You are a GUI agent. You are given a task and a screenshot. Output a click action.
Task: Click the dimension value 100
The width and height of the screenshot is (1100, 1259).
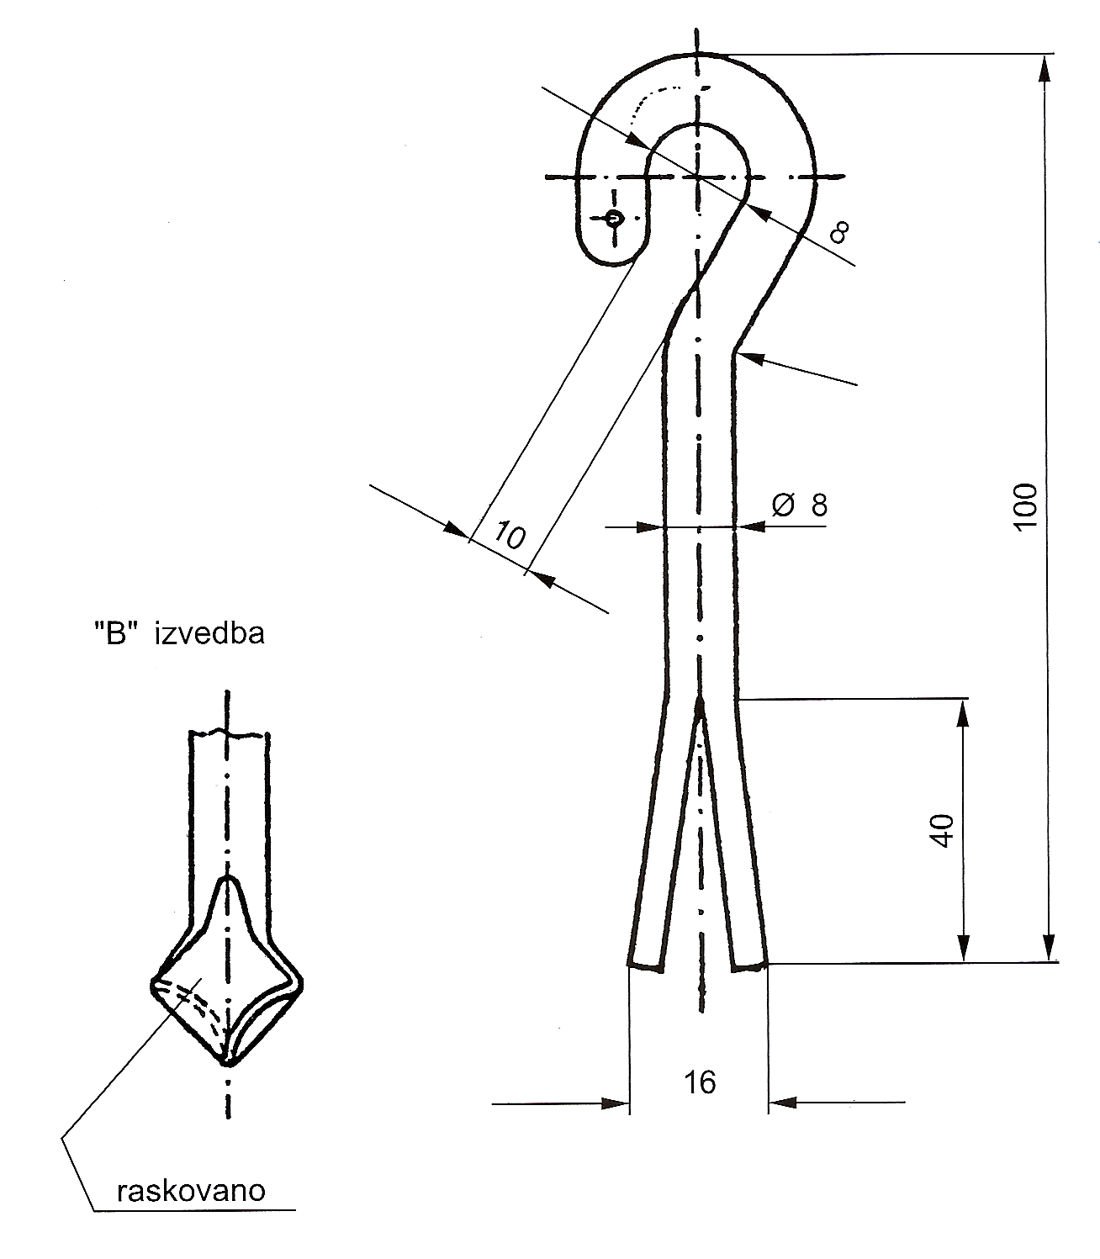tap(1026, 505)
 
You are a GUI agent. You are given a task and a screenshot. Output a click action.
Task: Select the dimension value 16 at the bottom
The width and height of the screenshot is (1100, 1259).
tap(699, 1082)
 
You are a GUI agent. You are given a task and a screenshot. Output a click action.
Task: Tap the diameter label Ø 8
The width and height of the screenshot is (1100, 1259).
tap(800, 505)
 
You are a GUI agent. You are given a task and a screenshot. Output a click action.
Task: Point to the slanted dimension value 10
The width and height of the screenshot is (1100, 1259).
tap(510, 534)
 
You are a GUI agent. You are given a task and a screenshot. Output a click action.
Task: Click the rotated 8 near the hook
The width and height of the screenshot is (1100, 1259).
tap(838, 231)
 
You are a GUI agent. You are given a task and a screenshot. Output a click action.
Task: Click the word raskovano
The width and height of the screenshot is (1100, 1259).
tap(192, 1191)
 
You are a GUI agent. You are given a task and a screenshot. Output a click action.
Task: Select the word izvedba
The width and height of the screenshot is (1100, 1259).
tap(209, 632)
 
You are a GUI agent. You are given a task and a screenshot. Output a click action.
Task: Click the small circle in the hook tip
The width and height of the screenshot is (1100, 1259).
tap(614, 220)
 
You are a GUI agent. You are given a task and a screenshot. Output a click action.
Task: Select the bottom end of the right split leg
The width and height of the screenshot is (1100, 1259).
tap(749, 965)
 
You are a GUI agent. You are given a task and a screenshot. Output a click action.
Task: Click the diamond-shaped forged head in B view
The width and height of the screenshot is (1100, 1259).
tap(225, 988)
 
